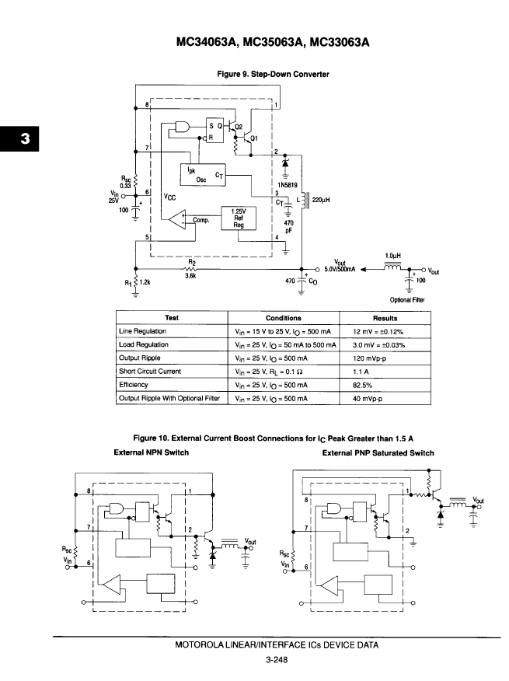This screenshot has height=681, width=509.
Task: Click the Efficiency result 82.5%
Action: tap(362, 386)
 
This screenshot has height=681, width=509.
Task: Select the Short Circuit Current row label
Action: tap(150, 372)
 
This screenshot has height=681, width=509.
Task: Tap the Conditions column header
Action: tap(283, 318)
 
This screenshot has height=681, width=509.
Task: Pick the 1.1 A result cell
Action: tap(361, 372)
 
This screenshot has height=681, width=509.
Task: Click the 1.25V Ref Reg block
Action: tap(239, 218)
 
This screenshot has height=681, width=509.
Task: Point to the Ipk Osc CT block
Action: tap(203, 175)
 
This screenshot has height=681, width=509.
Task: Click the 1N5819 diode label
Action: tap(288, 185)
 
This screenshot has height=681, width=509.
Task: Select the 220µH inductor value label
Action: tap(320, 200)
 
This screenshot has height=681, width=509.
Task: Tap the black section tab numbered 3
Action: tap(19, 138)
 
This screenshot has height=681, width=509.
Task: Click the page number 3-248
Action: tap(277, 660)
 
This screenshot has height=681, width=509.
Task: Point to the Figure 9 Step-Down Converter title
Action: tap(274, 75)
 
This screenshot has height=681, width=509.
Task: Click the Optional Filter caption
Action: tap(407, 299)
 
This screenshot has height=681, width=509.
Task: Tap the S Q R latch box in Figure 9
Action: tap(214, 131)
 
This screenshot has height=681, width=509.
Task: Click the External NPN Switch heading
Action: tap(151, 452)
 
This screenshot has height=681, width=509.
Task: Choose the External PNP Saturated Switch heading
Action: tap(378, 453)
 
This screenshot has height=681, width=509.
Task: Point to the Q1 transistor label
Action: tap(253, 138)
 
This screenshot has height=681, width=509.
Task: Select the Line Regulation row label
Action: tap(142, 331)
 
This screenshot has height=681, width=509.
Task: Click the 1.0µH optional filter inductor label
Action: tap(392, 257)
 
